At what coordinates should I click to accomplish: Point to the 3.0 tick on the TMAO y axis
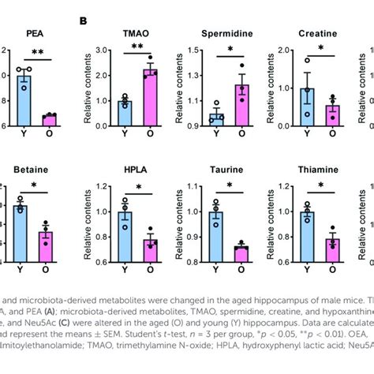pos(100,50)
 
